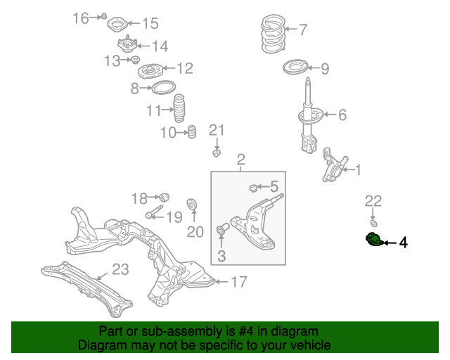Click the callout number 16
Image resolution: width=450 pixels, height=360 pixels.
81,18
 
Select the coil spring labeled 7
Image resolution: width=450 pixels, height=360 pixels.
269,35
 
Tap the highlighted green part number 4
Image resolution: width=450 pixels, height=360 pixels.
373,240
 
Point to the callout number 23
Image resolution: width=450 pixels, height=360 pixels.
120,269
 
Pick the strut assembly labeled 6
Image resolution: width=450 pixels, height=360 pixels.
308,120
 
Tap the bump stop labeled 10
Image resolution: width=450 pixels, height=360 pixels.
189,131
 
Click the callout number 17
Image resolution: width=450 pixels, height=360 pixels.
239,282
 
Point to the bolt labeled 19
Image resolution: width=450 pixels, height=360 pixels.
155,212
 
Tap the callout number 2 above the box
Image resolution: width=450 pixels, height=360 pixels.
240,159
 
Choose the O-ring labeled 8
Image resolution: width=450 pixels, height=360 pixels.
163,88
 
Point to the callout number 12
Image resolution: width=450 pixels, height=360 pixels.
184,68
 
